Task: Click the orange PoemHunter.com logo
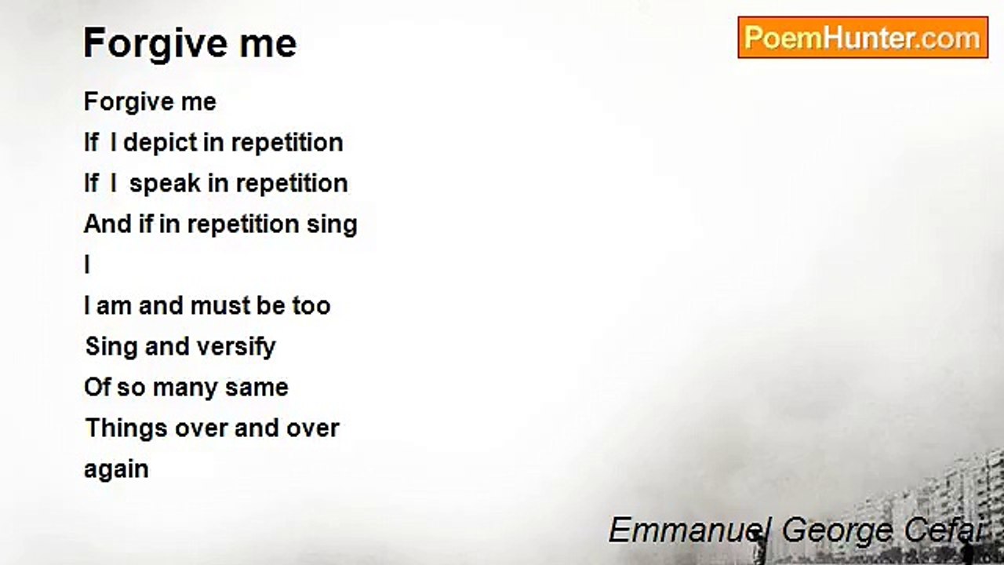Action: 863,38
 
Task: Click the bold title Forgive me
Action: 190,43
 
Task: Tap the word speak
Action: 165,184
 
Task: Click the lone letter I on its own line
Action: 87,264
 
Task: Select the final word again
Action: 117,470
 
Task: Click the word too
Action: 311,306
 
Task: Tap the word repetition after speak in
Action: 291,184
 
